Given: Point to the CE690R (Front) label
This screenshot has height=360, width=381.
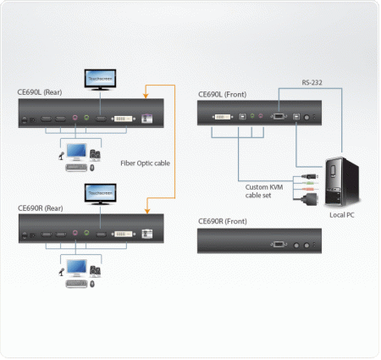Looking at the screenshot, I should coord(223,221).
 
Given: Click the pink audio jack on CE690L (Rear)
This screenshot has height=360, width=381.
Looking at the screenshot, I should coord(76,119).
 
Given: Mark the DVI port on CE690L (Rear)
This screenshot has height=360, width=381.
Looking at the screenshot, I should coord(124,119).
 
